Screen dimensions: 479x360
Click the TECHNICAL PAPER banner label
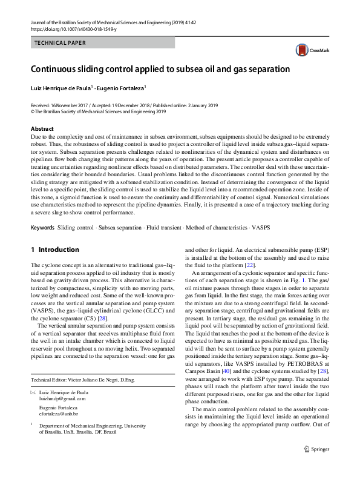(61, 43)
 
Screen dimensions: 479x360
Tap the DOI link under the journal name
(73, 28)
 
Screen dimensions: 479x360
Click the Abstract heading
(42, 129)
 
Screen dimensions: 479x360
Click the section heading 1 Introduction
(54, 249)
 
